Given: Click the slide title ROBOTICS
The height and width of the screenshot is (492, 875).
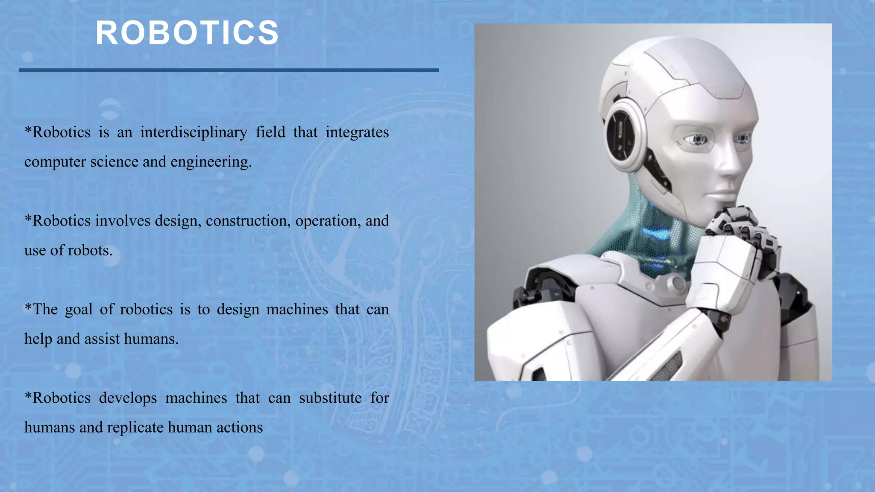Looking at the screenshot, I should [x=187, y=33].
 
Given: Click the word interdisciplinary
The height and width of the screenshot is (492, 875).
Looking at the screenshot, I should [x=194, y=132].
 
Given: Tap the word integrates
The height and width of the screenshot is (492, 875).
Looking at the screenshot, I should [x=357, y=132].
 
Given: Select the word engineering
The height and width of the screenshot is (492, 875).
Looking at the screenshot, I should [x=211, y=162].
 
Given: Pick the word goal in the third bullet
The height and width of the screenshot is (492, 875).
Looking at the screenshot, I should [x=79, y=310].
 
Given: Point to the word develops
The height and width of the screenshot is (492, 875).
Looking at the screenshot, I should [x=128, y=398].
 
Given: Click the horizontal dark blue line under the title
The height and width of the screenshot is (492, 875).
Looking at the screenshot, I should [x=229, y=70].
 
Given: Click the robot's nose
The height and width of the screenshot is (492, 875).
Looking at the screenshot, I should [x=731, y=167].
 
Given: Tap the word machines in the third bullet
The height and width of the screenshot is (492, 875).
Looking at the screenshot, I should [x=297, y=310].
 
